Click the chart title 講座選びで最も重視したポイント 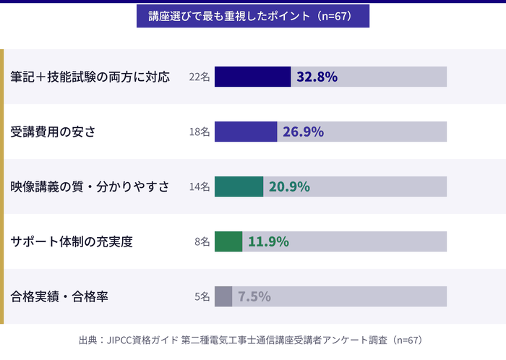[x=253, y=16]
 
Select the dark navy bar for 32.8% [x=252, y=77]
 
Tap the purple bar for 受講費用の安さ [x=246, y=132]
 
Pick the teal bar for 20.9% [x=239, y=187]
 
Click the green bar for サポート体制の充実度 [x=228, y=241]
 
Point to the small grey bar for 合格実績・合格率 [x=223, y=296]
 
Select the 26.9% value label [x=303, y=132]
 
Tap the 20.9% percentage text [x=289, y=187]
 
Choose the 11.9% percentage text [x=268, y=241]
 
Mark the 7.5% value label [x=254, y=296]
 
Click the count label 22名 [x=199, y=77]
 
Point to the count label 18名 [x=199, y=132]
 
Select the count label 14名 [x=199, y=187]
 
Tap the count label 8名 [x=202, y=242]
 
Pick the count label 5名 [x=202, y=297]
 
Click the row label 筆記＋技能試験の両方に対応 [x=90, y=77]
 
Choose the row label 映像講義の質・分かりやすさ [x=90, y=187]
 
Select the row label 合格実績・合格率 [x=60, y=297]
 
